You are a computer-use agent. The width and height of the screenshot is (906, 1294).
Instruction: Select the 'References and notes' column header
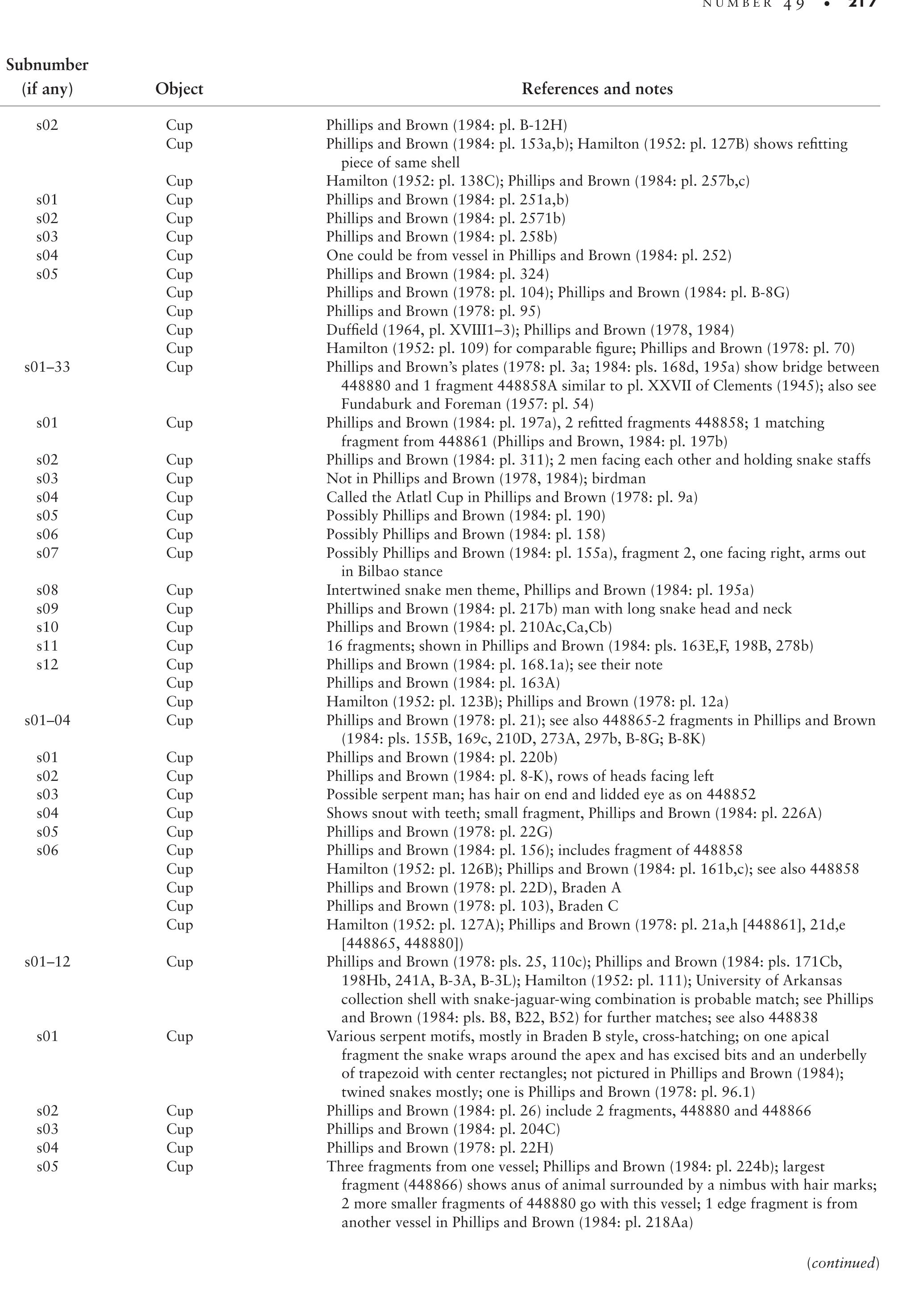coord(597,89)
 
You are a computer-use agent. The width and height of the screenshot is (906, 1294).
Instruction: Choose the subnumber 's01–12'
coord(47,962)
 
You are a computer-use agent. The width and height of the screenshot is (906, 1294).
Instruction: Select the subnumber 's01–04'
coord(47,720)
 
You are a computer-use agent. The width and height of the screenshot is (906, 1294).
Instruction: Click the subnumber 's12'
coord(47,664)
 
